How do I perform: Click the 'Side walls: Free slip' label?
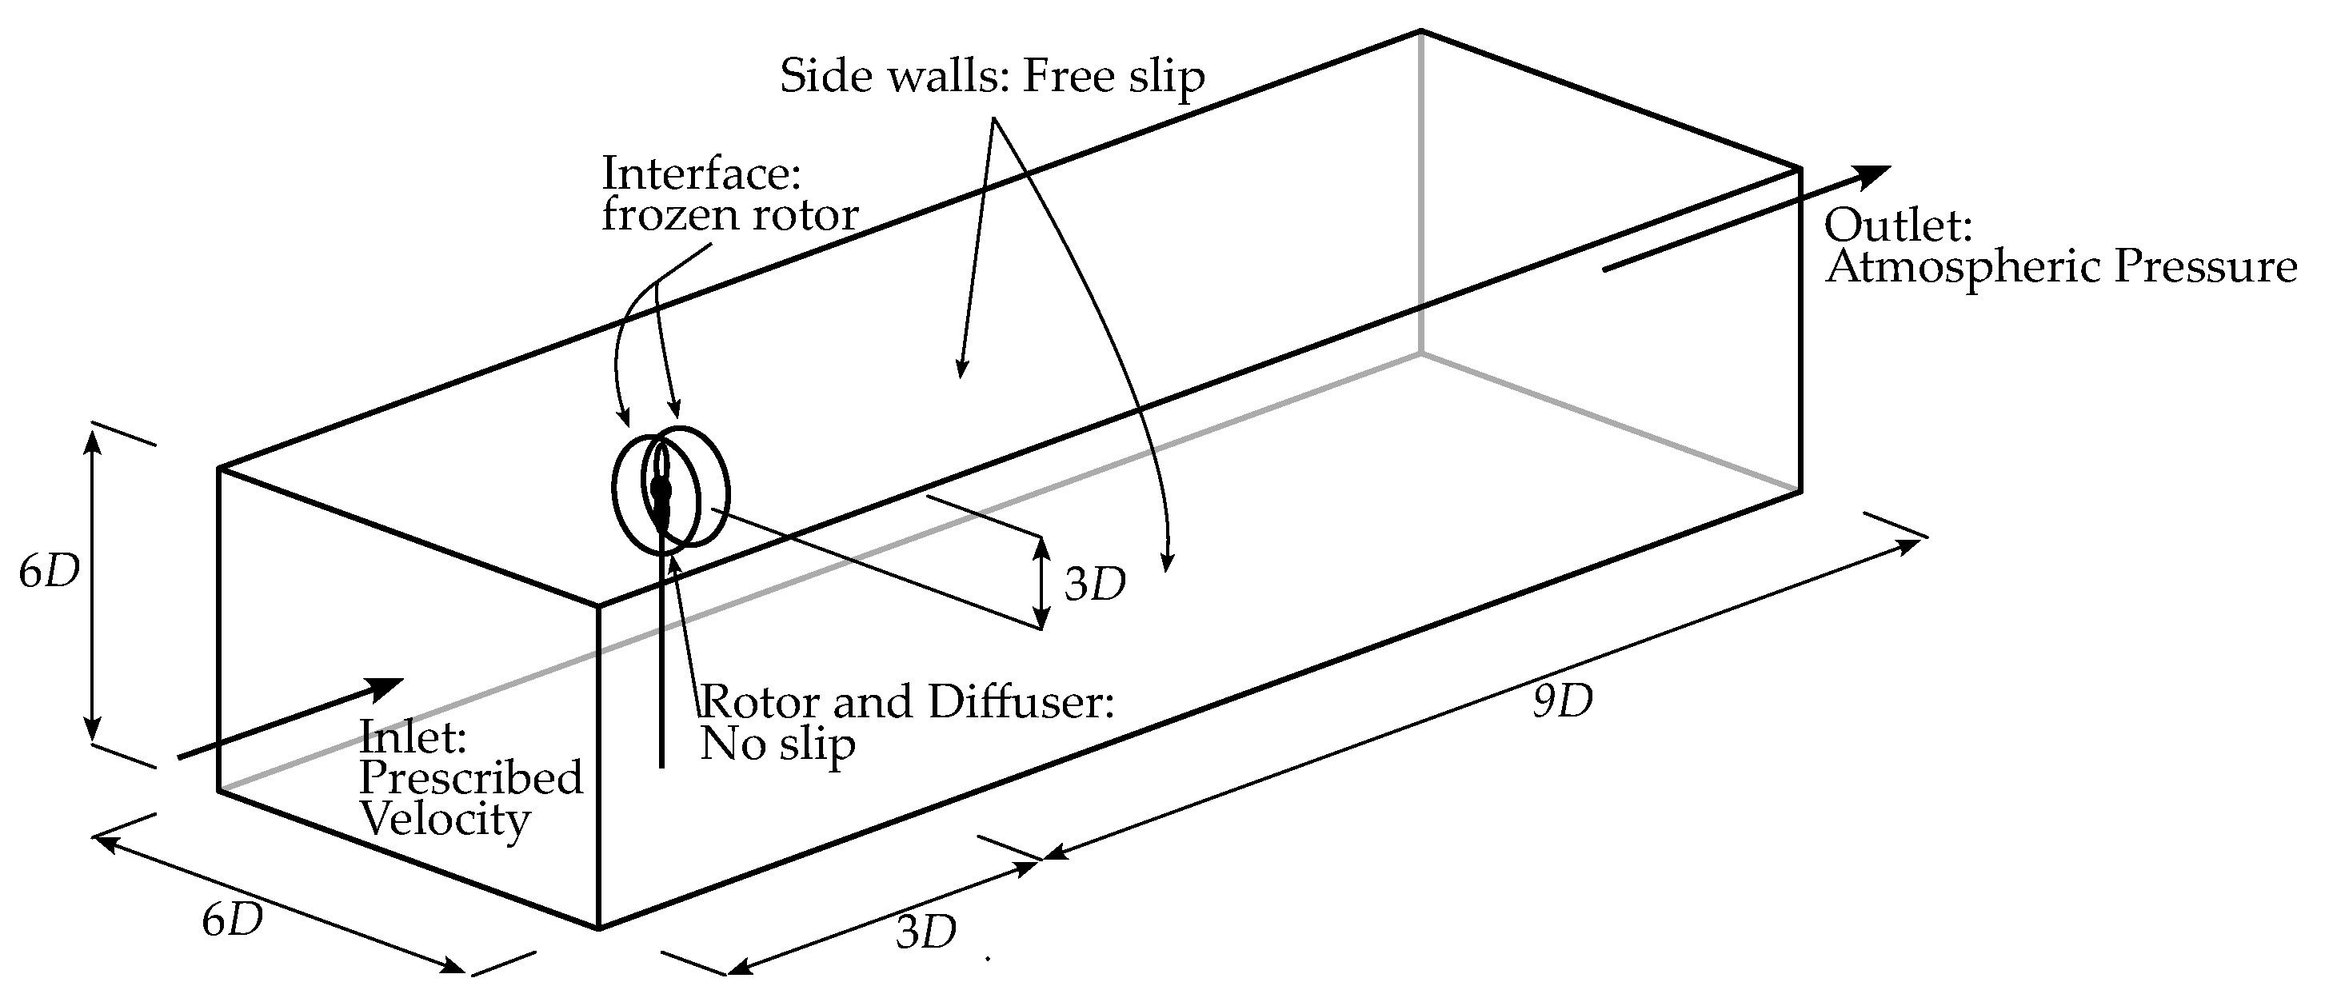pyautogui.click(x=992, y=77)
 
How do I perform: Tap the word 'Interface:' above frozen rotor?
pyautogui.click(x=701, y=173)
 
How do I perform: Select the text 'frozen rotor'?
pyautogui.click(x=729, y=215)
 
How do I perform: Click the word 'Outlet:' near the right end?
pyautogui.click(x=1896, y=225)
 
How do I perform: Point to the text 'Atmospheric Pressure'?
pyautogui.click(x=2060, y=267)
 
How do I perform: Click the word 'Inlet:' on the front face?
pyautogui.click(x=413, y=737)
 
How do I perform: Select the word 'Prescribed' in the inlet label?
pyautogui.click(x=471, y=778)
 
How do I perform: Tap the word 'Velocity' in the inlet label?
pyautogui.click(x=445, y=820)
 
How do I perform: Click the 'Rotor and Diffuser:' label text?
pyautogui.click(x=907, y=701)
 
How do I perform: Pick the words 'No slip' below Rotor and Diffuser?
pyautogui.click(x=777, y=745)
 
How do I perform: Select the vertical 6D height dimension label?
pyautogui.click(x=50, y=572)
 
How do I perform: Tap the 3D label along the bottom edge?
pyautogui.click(x=926, y=932)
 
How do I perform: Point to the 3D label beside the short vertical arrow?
pyautogui.click(x=1095, y=585)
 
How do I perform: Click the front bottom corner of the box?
pyautogui.click(x=598, y=927)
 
